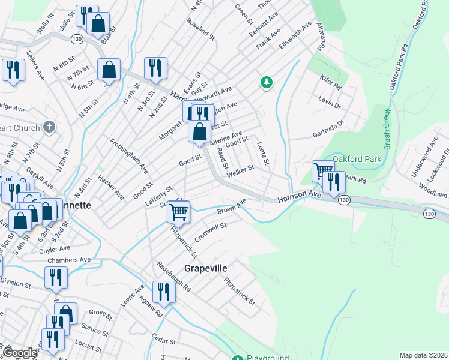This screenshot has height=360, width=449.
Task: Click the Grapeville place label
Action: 206,268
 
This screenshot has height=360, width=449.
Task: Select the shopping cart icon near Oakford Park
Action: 324,170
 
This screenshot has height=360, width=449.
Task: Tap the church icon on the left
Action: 50,127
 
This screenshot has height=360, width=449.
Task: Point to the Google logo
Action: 19,353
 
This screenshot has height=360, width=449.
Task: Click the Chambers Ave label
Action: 71,260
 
